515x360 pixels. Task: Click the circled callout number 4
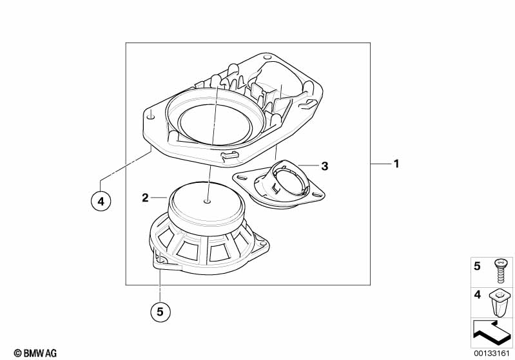tap(101, 201)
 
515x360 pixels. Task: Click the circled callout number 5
tap(160, 312)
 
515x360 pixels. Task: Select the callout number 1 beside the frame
tap(397, 164)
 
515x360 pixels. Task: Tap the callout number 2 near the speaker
tap(146, 197)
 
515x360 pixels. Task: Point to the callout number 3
tap(325, 166)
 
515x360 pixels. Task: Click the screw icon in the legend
tap(499, 269)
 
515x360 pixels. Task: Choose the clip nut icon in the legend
tap(499, 301)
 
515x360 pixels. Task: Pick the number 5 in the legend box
tap(478, 265)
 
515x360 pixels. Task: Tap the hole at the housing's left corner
tap(151, 117)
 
